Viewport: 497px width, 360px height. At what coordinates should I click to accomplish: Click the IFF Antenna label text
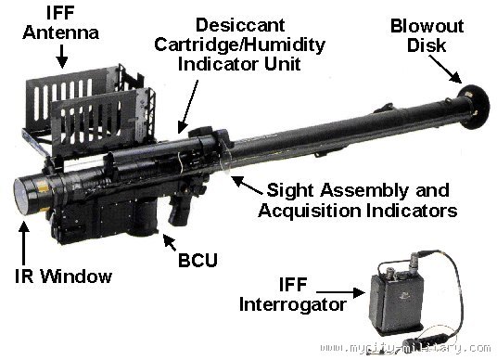(x=60, y=23)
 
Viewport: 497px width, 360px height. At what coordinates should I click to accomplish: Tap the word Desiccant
(x=240, y=25)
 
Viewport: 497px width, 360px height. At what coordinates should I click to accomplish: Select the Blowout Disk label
(x=427, y=35)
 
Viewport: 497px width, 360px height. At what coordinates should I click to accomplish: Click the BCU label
(x=198, y=260)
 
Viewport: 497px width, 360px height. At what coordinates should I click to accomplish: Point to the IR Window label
(x=63, y=276)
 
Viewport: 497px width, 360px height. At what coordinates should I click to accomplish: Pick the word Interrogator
(x=293, y=304)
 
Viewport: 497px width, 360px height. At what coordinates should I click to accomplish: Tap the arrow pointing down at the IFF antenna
(x=62, y=57)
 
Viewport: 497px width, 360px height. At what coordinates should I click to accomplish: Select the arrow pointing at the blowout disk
(x=445, y=70)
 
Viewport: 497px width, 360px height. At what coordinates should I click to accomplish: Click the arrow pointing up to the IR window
(x=24, y=243)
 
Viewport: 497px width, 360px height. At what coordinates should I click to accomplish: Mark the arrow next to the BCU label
(x=170, y=243)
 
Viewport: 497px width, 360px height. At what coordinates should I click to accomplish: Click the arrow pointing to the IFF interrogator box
(x=340, y=292)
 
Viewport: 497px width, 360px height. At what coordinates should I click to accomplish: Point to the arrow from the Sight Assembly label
(x=247, y=185)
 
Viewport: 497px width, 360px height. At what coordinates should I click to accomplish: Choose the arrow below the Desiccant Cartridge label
(x=188, y=107)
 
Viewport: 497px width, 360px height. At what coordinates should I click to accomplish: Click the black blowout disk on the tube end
(x=474, y=107)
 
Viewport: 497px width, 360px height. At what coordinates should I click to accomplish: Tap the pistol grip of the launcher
(x=182, y=210)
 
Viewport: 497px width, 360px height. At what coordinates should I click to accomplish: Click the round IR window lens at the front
(x=21, y=196)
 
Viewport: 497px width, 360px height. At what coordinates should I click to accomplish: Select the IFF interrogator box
(x=396, y=304)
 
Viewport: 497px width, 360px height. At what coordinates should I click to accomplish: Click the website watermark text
(x=406, y=348)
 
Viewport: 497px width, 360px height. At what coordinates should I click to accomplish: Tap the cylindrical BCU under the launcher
(x=144, y=219)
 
